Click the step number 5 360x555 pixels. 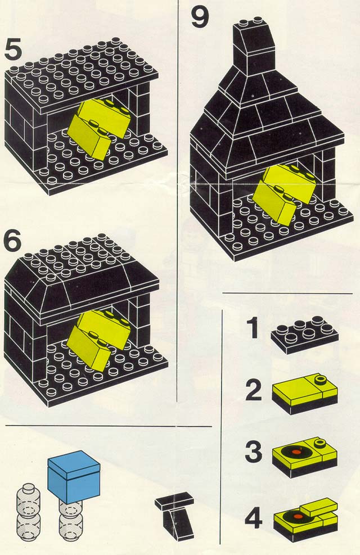pyautogui.click(x=13, y=49)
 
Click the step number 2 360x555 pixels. pyautogui.click(x=254, y=391)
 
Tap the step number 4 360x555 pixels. pyautogui.click(x=254, y=519)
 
